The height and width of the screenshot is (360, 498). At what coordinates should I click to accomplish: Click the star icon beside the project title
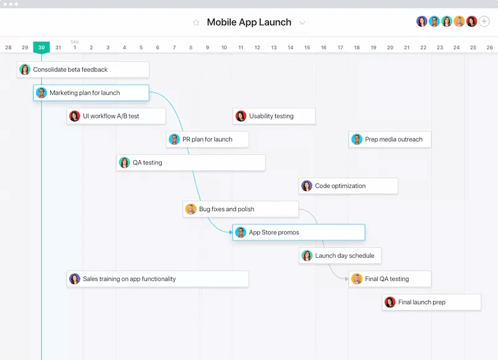click(196, 22)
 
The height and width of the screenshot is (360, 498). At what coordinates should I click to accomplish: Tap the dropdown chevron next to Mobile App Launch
click(303, 23)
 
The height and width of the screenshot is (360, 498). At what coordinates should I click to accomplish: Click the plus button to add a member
click(484, 22)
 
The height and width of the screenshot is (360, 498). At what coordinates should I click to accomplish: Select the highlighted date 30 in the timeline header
click(42, 47)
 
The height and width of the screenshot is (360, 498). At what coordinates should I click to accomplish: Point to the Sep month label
click(75, 42)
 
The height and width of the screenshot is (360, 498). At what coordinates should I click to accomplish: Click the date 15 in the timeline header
click(307, 47)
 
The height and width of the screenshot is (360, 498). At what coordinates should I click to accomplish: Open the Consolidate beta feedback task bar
click(83, 69)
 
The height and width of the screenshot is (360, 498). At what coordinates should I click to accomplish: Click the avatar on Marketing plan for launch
click(41, 93)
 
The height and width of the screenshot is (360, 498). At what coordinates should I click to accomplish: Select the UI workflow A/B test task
click(116, 116)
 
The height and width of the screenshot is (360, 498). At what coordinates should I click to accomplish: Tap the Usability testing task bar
click(274, 116)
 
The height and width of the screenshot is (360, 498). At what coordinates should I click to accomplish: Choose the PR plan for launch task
click(207, 139)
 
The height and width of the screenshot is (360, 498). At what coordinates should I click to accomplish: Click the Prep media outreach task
click(390, 139)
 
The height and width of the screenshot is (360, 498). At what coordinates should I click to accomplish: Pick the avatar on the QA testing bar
click(124, 163)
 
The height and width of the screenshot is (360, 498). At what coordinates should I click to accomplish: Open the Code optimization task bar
click(349, 186)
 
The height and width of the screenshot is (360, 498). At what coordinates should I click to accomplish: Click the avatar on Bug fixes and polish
click(190, 209)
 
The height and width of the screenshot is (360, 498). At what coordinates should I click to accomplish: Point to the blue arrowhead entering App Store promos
click(231, 232)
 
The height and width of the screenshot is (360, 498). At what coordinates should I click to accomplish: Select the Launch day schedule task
click(340, 255)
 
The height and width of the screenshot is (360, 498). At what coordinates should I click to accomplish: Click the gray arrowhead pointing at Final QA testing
click(347, 278)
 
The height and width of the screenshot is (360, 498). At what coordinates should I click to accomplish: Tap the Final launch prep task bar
click(431, 302)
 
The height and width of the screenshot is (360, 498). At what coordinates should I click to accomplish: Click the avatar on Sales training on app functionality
click(75, 278)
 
